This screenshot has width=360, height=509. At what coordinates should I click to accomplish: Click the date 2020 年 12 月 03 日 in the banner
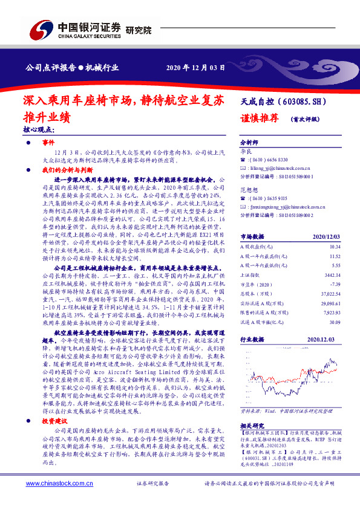191,66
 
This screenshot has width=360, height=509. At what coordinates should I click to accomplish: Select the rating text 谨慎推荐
257,119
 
